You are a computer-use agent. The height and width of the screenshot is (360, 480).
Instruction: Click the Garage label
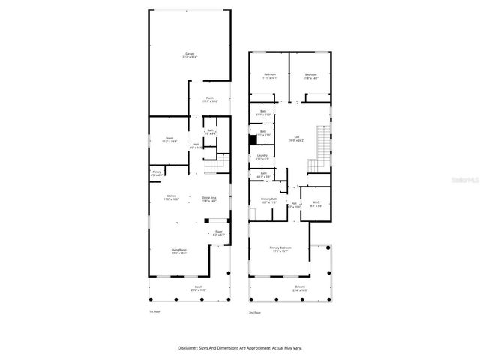190,55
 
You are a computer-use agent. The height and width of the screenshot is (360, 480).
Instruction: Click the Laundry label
262,157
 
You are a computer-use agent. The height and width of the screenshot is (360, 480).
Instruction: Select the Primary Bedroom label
280,249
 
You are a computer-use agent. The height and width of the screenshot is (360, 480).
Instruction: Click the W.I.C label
316,202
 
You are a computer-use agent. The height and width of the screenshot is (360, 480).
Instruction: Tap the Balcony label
300,288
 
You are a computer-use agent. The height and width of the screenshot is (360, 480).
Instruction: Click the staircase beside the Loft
323,146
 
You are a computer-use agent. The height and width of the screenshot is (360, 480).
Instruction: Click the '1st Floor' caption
154,312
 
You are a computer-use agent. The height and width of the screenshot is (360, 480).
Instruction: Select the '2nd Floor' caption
256,312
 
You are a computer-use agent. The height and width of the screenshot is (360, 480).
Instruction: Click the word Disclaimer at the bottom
188,348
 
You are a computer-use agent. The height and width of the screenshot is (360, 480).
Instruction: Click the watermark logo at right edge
468,180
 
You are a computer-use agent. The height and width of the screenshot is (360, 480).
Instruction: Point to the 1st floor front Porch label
199,288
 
